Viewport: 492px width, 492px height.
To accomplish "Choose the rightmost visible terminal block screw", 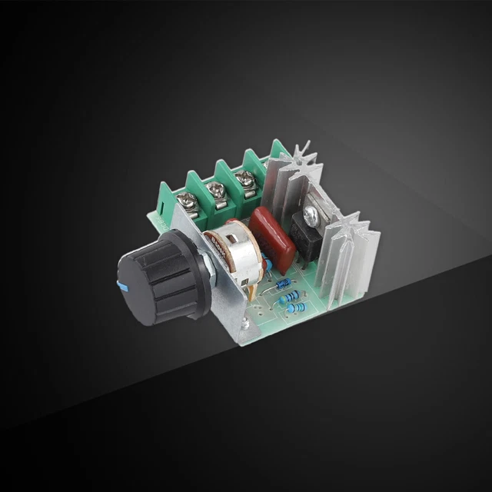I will pos(246,181).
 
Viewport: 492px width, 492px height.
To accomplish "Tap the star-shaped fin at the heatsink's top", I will pos(303,151).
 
